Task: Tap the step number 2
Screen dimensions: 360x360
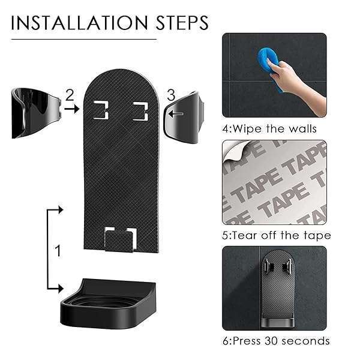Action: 70,95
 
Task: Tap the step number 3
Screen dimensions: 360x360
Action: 171,95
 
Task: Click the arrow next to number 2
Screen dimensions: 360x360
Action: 71,109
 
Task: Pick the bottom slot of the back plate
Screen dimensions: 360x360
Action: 118,238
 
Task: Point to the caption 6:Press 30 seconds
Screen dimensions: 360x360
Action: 276,341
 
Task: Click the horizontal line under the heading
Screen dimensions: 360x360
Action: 83,40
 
